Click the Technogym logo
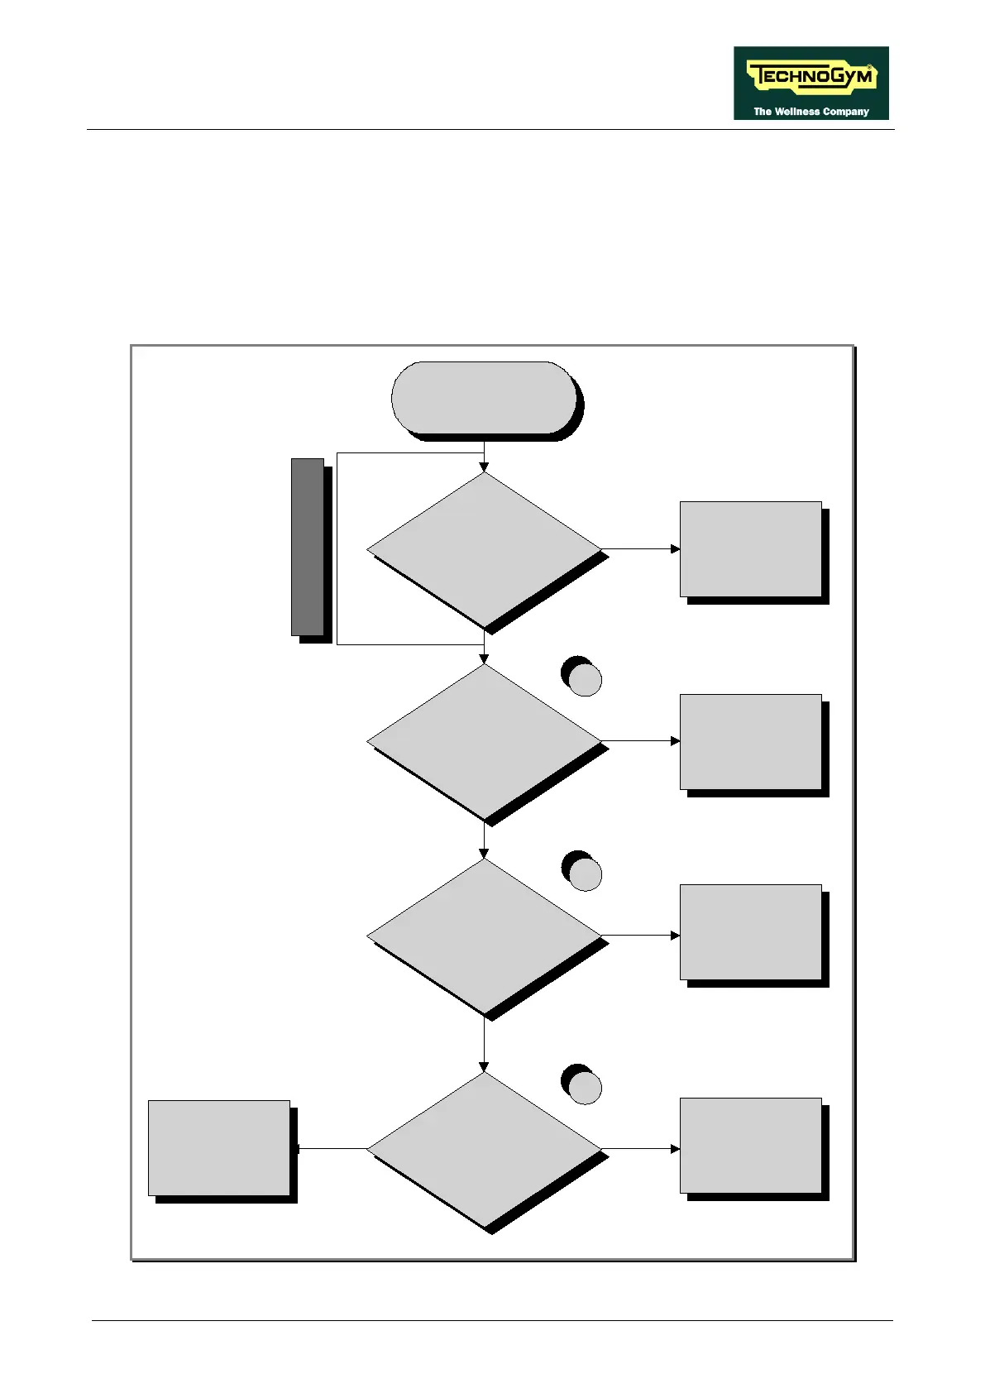(x=810, y=82)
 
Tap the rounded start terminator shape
(x=484, y=397)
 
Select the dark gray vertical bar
(x=307, y=547)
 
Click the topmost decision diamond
(x=484, y=548)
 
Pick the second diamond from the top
(x=484, y=741)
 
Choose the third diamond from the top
(x=484, y=936)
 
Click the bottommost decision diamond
(x=484, y=1148)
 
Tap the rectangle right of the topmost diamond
(x=750, y=548)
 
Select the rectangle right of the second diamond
(x=750, y=741)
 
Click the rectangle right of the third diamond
(x=750, y=931)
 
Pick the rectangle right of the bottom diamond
(x=750, y=1145)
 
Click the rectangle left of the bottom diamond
(x=219, y=1147)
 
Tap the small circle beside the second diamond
(x=586, y=680)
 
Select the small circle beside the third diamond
(x=586, y=874)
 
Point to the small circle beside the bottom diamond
(x=586, y=1088)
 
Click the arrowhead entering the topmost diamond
(x=484, y=467)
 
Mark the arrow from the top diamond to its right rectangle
(x=641, y=548)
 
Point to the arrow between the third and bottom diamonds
(x=484, y=1044)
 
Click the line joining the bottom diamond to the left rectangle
(x=331, y=1148)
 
